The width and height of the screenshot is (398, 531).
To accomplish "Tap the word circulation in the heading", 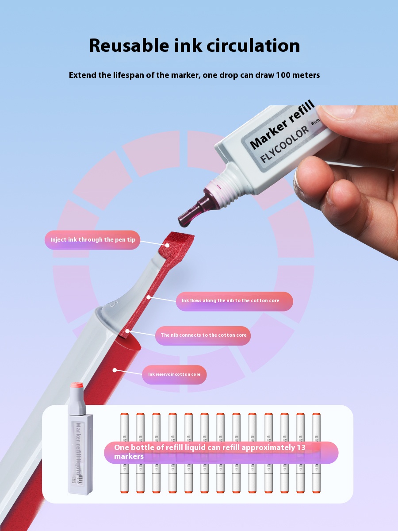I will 257,46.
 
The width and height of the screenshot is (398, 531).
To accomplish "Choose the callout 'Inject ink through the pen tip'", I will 92,240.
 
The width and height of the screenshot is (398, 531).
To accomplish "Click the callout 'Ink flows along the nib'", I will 230,301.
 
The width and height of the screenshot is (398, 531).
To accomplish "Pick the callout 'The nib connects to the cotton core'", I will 203,335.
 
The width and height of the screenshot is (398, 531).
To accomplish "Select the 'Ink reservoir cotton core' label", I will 174,374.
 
